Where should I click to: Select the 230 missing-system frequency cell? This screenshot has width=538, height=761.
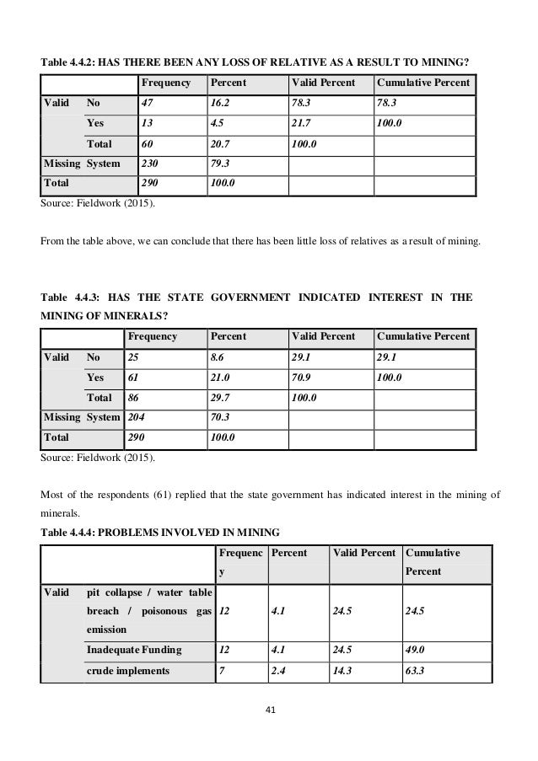tap(150, 163)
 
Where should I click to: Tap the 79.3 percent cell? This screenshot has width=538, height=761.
tap(221, 163)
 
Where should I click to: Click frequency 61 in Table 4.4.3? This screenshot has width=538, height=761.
tap(133, 378)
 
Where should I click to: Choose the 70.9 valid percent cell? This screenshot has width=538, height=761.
tap(302, 378)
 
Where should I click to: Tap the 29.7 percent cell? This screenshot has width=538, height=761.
tap(221, 398)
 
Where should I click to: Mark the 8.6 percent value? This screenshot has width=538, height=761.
tap(218, 358)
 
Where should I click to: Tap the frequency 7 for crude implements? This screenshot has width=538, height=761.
tap(221, 671)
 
